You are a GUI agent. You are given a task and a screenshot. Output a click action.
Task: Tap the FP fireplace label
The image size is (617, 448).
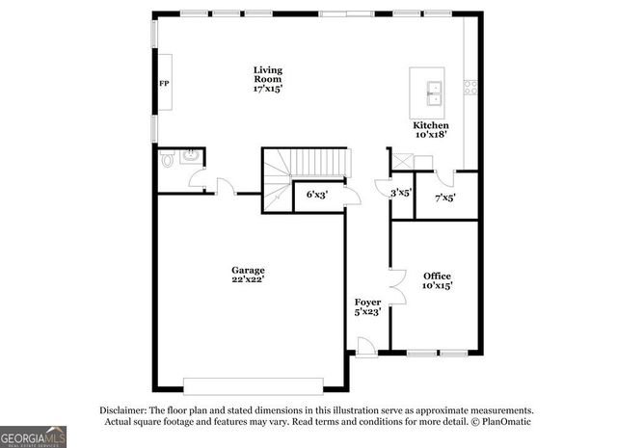tap(164, 84)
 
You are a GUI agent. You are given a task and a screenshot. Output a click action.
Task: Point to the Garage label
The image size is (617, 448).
tap(248, 270)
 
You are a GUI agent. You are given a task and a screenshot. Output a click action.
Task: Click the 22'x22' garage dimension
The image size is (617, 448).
tap(248, 279)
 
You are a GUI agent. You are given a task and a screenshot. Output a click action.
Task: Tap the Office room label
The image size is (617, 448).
tap(437, 277)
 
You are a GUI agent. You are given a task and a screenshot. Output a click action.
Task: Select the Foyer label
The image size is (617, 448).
tap(367, 303)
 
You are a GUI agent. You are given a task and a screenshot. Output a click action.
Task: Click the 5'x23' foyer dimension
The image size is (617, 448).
tap(367, 312)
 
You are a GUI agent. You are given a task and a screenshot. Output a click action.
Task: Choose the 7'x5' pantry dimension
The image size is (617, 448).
tap(444, 198)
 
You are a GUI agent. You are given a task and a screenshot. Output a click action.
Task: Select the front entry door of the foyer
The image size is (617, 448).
tap(366, 346)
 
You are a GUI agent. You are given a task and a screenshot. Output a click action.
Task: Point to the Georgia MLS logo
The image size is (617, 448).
tap(33, 435)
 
